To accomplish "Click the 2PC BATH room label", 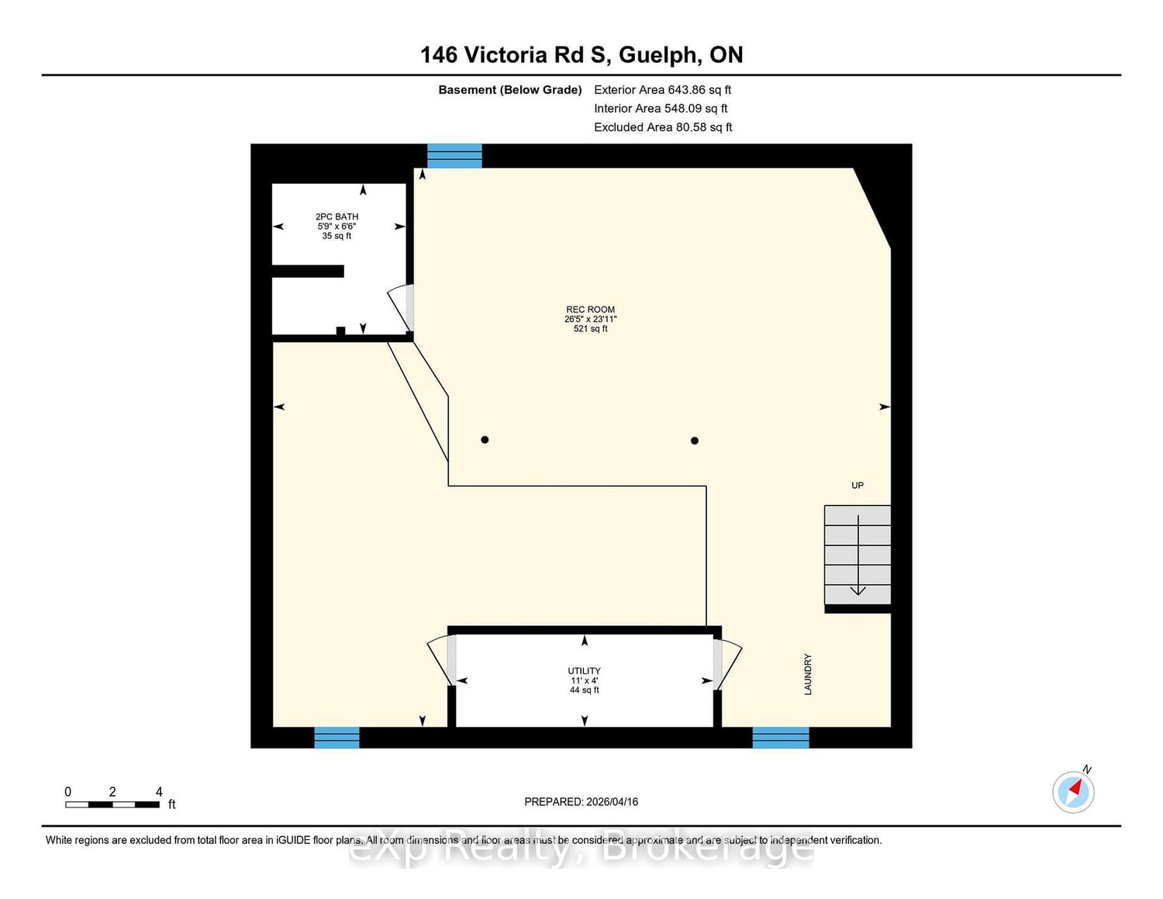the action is [x=336, y=217].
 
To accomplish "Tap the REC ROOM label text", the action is [x=590, y=309].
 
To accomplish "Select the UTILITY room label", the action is [x=584, y=671].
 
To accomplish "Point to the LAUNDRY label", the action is [x=808, y=674].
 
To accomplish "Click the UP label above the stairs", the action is [x=858, y=486].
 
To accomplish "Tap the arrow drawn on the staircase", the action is [x=858, y=555].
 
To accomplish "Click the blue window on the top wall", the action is [x=454, y=156].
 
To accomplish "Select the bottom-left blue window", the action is [x=336, y=738].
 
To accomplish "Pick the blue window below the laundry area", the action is [x=781, y=738].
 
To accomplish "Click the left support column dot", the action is [x=485, y=440].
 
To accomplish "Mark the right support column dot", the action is [x=694, y=441].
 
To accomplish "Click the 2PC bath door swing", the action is [x=400, y=308].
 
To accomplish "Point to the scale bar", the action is [x=112, y=805].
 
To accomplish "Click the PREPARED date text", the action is [x=581, y=801].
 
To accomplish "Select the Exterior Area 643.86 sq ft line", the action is [x=663, y=90].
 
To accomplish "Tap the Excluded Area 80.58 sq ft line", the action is [x=663, y=127].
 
